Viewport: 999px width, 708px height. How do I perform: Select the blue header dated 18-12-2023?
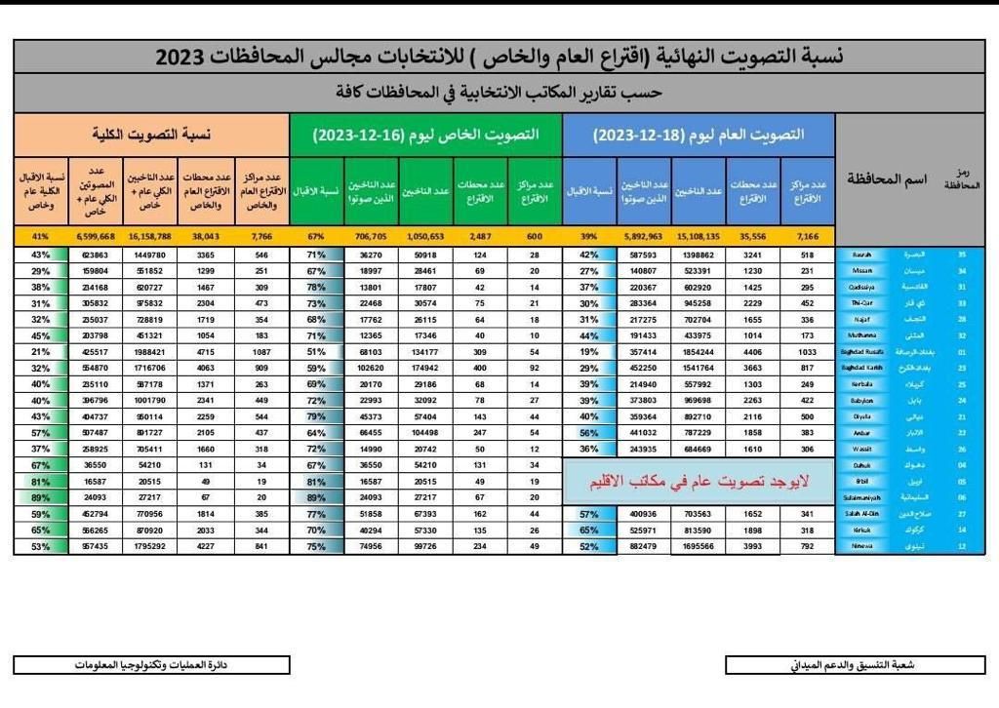coord(699,135)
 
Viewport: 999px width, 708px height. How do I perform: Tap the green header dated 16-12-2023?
coord(425,135)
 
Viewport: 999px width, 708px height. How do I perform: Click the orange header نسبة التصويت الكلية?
coord(151,135)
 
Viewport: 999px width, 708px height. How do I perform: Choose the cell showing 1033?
coord(806,351)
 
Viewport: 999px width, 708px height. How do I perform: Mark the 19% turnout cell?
coord(589,351)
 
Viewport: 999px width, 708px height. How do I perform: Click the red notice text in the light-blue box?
coord(699,482)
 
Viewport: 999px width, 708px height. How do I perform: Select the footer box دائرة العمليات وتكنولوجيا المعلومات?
coord(151,665)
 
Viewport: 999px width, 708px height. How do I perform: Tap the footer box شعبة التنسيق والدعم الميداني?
coord(854,665)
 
